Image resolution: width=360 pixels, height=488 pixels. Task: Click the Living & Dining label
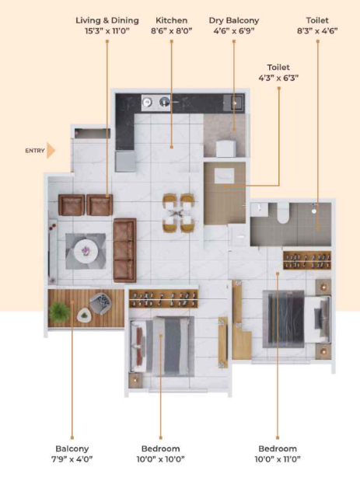click(107, 20)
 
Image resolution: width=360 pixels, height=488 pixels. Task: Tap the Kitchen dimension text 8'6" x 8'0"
click(171, 31)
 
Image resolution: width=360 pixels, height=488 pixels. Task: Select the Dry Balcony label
click(234, 20)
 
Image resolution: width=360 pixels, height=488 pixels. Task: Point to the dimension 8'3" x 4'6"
click(317, 31)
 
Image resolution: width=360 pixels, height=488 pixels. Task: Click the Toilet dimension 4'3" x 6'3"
click(278, 78)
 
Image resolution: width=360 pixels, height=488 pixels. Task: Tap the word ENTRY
click(35, 151)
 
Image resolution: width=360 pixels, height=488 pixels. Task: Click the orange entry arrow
click(51, 151)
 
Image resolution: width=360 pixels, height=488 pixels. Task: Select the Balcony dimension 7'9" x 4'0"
click(72, 459)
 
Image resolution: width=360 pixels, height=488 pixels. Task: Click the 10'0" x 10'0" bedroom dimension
click(160, 459)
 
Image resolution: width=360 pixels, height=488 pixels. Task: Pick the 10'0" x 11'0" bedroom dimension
click(277, 459)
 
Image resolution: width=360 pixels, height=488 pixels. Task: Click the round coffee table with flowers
click(86, 251)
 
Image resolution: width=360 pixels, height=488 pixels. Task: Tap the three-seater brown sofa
click(124, 250)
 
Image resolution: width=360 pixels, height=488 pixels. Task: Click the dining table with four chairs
click(178, 213)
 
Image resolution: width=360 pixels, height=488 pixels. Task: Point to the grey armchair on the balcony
click(100, 302)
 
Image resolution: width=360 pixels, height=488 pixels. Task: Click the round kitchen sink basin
click(164, 102)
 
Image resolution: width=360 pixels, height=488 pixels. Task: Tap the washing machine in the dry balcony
click(226, 148)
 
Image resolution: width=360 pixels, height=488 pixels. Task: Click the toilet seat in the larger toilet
click(283, 214)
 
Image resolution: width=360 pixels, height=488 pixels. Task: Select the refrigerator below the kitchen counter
click(125, 162)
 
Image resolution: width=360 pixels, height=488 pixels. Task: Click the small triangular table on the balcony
click(84, 315)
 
